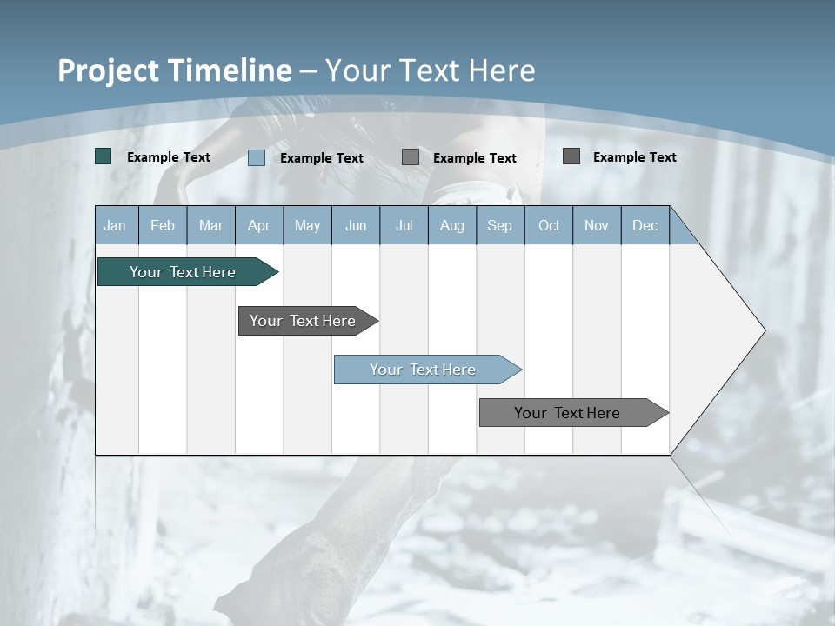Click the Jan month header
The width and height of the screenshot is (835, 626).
[x=116, y=225]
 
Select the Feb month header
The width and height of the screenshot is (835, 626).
[x=163, y=225]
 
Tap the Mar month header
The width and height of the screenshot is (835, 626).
[x=210, y=225]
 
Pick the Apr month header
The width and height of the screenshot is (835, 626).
[x=259, y=225]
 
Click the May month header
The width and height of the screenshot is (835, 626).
[x=307, y=225]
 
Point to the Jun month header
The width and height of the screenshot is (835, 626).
[x=356, y=225]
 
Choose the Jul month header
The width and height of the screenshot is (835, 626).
[x=404, y=225]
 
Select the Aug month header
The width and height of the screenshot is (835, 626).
[x=452, y=225]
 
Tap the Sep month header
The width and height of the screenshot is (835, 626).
[x=500, y=225]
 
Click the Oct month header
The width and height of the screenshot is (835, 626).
[x=549, y=225]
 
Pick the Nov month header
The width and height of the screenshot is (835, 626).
[x=597, y=225]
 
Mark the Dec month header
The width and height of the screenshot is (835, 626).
[x=645, y=225]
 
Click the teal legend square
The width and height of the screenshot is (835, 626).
[x=104, y=156]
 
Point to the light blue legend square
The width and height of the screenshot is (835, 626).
[x=257, y=157]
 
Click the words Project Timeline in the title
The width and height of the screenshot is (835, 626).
[x=175, y=70]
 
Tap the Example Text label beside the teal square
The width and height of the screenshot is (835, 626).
[x=169, y=157]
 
